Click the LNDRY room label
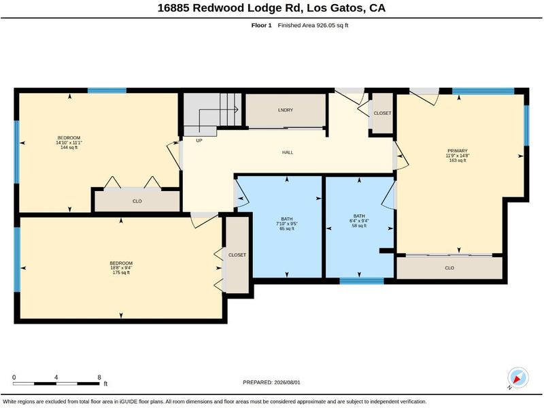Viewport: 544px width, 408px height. point(286,110)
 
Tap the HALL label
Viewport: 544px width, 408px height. point(288,152)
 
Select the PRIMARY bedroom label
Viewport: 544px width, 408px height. point(458,151)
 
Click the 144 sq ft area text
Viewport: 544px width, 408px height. point(69,148)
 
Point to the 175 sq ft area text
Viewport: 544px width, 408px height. point(121,273)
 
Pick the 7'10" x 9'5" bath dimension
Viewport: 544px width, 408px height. point(286,224)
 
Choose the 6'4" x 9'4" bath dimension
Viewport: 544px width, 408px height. point(359,220)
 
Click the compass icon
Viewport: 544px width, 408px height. point(518,378)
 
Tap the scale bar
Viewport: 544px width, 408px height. point(56,384)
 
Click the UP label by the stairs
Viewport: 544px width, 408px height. point(199,141)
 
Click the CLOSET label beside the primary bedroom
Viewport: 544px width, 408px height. point(382,113)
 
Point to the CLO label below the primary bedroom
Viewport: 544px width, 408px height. point(449,268)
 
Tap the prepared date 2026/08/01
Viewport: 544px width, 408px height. point(271,382)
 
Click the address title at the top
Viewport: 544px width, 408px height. point(271,8)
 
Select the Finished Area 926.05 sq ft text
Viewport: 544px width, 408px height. point(313,25)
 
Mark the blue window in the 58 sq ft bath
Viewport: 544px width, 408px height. point(362,281)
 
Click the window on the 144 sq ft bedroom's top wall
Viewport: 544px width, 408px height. point(107,90)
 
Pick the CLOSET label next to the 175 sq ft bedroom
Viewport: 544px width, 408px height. point(237,255)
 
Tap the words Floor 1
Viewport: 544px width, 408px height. point(262,25)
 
